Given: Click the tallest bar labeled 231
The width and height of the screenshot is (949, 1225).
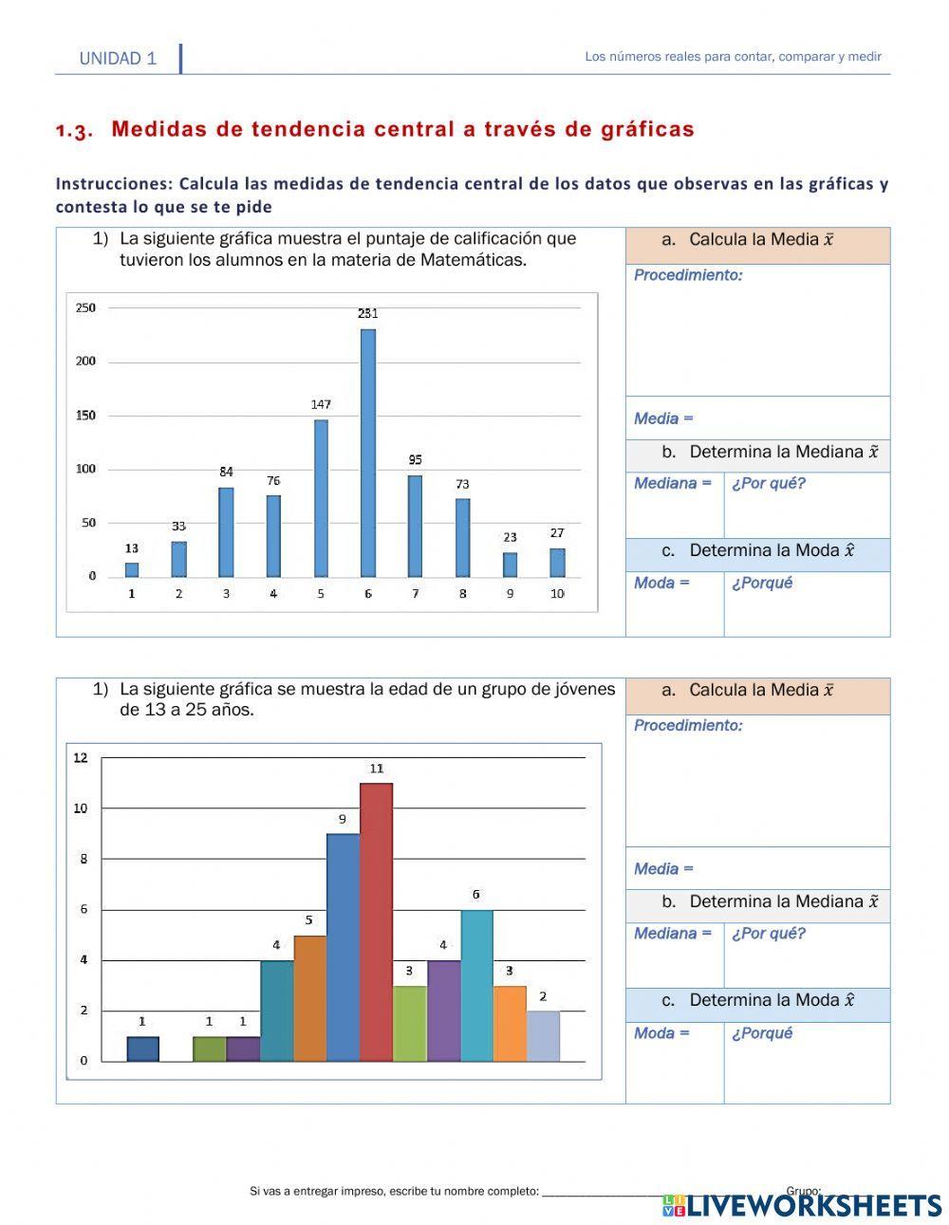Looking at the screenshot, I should (x=368, y=453).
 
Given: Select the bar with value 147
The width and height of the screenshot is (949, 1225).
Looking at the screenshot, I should (x=321, y=498).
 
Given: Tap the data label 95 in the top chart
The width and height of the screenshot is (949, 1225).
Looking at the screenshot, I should (x=416, y=459).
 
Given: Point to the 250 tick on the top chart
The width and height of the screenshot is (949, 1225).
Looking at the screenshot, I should (x=85, y=307).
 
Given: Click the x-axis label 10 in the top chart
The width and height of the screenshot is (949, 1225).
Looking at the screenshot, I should (x=557, y=594).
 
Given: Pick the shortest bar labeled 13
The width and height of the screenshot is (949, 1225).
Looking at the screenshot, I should (x=132, y=569).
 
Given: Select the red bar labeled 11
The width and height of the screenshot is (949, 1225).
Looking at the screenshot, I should (x=376, y=921).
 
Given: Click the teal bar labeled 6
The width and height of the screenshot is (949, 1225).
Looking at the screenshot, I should (x=476, y=985).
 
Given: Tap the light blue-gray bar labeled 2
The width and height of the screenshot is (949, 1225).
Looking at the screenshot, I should (x=543, y=1035).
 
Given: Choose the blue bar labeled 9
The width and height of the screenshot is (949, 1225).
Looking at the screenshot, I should (x=343, y=947).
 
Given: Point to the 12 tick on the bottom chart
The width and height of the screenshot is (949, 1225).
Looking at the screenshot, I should (x=81, y=757).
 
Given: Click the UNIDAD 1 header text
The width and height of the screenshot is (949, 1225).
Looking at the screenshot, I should (x=118, y=59).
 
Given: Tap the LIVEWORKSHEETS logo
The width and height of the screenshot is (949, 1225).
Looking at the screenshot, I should (x=802, y=1205).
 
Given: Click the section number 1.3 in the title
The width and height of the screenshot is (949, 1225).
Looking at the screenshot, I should (x=74, y=131).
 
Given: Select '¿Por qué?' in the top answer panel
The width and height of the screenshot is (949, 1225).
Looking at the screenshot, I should (x=768, y=484).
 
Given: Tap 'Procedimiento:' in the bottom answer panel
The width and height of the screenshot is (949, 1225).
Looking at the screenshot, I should (x=688, y=726).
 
